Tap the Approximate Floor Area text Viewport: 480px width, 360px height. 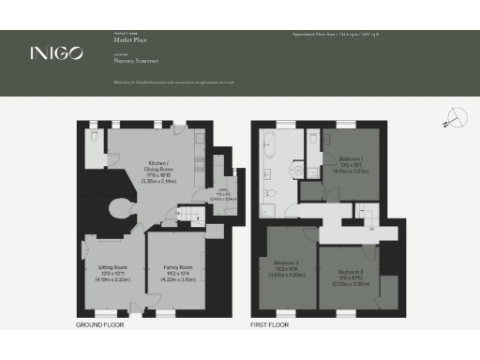click(336, 34)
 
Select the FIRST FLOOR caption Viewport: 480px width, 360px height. click(270, 325)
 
